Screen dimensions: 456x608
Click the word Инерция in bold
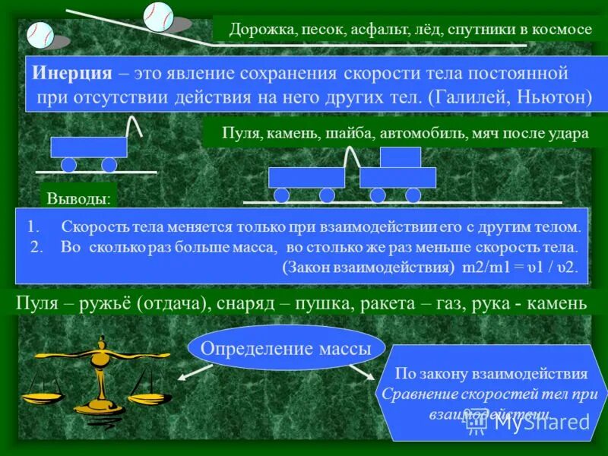click(x=71, y=74)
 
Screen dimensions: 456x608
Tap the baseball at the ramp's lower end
click(x=40, y=34)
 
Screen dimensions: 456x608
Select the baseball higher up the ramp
click(x=159, y=16)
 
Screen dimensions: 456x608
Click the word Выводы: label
click(x=78, y=199)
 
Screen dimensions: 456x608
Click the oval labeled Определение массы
click(x=286, y=349)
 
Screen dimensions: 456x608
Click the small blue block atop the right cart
click(x=400, y=157)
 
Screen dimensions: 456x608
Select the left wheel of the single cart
click(x=68, y=165)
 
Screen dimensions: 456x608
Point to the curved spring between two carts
click(x=351, y=157)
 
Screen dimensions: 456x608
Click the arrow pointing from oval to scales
click(x=196, y=372)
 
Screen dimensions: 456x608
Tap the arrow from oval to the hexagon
click(x=363, y=372)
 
